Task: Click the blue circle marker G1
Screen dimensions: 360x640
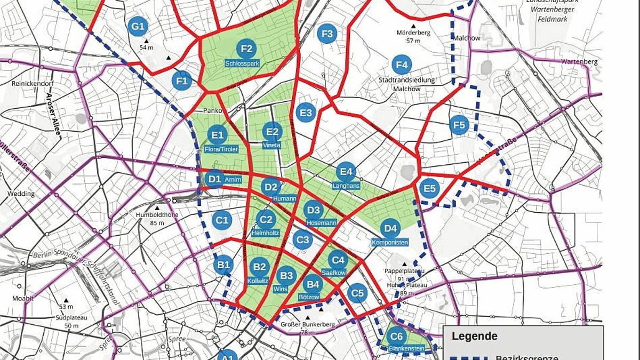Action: point(138,26)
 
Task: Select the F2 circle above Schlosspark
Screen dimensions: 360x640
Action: point(246,49)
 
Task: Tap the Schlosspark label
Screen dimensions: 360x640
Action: point(242,63)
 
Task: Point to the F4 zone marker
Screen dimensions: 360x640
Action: point(402,65)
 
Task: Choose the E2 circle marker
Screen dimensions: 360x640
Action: point(272,131)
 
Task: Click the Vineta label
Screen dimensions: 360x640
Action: point(272,145)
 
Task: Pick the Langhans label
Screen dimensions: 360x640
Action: point(346,186)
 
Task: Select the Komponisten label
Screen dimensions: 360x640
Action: point(390,243)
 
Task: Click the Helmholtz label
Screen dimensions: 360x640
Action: point(265,233)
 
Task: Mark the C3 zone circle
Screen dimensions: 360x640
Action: point(302,239)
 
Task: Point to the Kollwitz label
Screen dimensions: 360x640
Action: point(259,281)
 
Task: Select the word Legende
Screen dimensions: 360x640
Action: point(474,336)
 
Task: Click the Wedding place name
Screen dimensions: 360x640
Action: point(21,194)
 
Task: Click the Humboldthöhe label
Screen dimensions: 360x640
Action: point(157,215)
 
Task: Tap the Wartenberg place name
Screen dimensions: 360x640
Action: point(579,62)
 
